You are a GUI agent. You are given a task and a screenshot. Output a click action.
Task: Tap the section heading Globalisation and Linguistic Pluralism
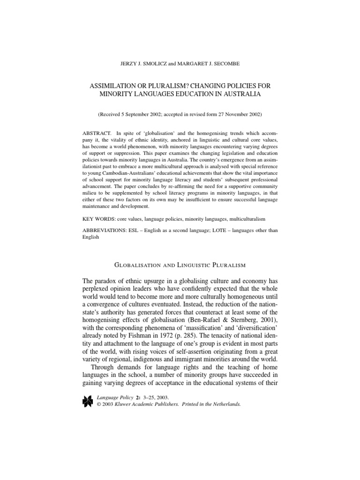(180, 265)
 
